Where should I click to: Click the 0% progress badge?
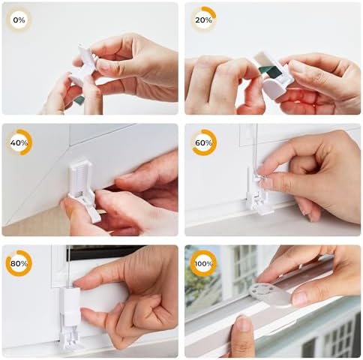click(x=19, y=19)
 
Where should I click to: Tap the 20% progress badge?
click(x=203, y=19)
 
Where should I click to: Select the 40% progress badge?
click(x=19, y=142)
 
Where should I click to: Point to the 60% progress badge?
click(x=204, y=142)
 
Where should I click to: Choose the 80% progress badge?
click(x=19, y=263)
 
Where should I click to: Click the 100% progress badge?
click(x=203, y=263)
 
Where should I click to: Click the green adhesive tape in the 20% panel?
click(x=270, y=71)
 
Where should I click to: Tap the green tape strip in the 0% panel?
click(x=79, y=100)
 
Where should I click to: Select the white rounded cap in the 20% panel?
click(x=272, y=88)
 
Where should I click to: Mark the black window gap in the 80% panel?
click(x=105, y=252)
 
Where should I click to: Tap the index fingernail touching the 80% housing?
click(x=77, y=284)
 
